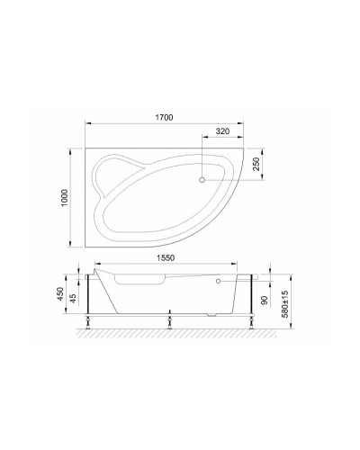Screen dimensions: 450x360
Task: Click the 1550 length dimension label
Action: tap(166, 256)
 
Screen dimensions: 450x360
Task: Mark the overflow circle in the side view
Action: tap(218, 280)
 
